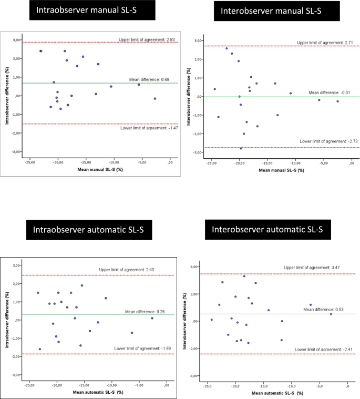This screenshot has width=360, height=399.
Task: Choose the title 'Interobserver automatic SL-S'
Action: coord(266,229)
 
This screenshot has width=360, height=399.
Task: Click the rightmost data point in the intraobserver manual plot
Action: coord(155,98)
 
